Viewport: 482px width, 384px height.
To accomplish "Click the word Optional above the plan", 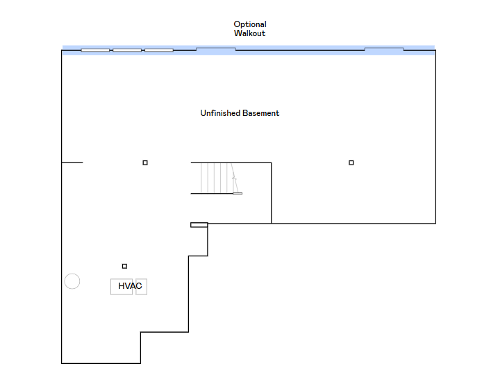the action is click(x=250, y=24).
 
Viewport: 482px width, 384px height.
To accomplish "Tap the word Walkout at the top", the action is click(x=249, y=33).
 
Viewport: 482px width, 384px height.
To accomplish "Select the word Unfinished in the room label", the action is click(x=220, y=113).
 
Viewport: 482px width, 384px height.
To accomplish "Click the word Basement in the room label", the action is click(x=260, y=113).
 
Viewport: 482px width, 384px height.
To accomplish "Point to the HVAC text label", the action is click(x=130, y=286).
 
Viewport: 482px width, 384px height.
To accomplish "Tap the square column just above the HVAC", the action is click(x=124, y=266).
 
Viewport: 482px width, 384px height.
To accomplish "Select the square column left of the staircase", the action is click(x=145, y=162).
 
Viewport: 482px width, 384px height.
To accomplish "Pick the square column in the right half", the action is click(x=351, y=162).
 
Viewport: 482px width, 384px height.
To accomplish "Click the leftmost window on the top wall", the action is click(x=95, y=51).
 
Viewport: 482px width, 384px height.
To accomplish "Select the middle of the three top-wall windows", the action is click(x=127, y=51).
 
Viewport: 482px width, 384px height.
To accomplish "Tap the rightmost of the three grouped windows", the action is click(x=159, y=51).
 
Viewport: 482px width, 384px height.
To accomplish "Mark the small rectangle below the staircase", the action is click(x=199, y=225).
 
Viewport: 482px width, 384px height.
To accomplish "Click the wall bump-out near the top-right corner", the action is click(x=384, y=48).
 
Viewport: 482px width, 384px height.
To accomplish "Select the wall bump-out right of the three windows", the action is click(x=216, y=48).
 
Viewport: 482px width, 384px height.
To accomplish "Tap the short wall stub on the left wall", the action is click(x=72, y=162).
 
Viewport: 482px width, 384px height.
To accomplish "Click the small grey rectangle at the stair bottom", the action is click(x=238, y=193).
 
